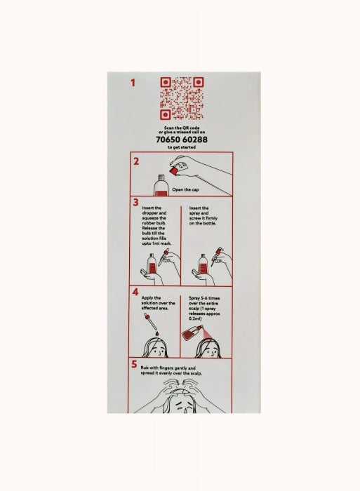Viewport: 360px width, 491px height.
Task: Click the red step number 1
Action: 133,83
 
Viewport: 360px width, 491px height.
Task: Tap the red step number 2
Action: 136,161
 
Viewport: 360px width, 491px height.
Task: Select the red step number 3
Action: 135,202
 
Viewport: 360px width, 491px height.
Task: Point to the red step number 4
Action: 135,292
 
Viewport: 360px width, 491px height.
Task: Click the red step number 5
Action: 134,364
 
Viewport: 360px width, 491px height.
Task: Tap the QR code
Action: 182,98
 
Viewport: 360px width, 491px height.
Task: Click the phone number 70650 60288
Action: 182,140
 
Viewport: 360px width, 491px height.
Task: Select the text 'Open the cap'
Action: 185,189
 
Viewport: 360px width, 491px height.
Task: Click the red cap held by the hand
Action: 173,170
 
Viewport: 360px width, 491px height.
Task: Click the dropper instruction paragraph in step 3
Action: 156,225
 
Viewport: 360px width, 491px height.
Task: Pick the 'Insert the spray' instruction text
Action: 203,215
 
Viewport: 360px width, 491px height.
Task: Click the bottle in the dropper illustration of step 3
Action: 152,265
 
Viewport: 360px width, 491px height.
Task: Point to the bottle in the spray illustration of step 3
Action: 203,265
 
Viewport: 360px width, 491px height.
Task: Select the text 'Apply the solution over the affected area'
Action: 158,303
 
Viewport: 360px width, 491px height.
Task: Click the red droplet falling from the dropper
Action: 157,333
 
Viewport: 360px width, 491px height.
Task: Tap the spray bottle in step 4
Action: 192,333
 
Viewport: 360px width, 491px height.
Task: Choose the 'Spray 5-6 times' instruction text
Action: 204,309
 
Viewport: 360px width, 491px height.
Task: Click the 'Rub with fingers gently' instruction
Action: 171,371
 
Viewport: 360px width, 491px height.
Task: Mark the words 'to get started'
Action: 182,147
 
